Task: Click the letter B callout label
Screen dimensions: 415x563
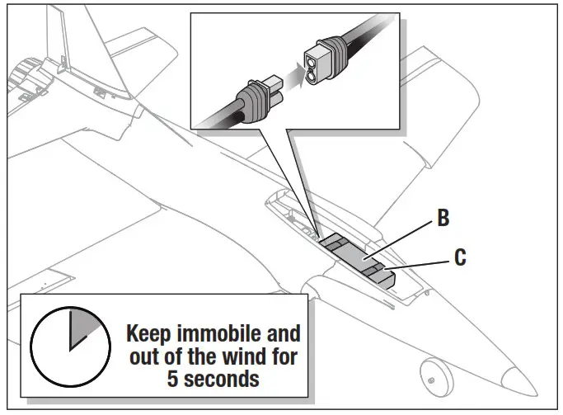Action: click(443, 220)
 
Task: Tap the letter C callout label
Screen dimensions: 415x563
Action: click(460, 257)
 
